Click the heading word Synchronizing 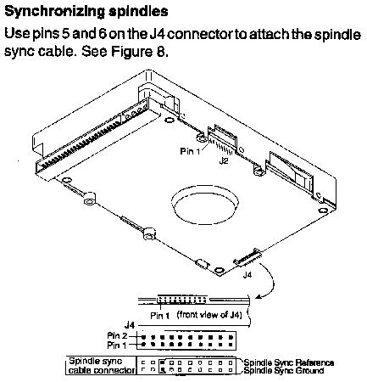point(54,12)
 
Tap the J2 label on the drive point(224,161)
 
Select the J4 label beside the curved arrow point(247,275)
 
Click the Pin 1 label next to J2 point(190,151)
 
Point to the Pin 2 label point(117,336)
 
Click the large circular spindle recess point(205,205)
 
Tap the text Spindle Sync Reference point(289,362)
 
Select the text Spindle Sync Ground point(284,370)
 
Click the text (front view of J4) point(209,315)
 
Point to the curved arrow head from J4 point(258,296)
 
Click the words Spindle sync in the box point(96,362)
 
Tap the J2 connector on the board point(222,139)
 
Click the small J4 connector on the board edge point(247,258)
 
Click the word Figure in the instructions point(132,52)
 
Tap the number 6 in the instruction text point(103,35)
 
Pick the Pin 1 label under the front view point(160,315)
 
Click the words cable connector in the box point(102,370)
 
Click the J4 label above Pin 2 point(130,325)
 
